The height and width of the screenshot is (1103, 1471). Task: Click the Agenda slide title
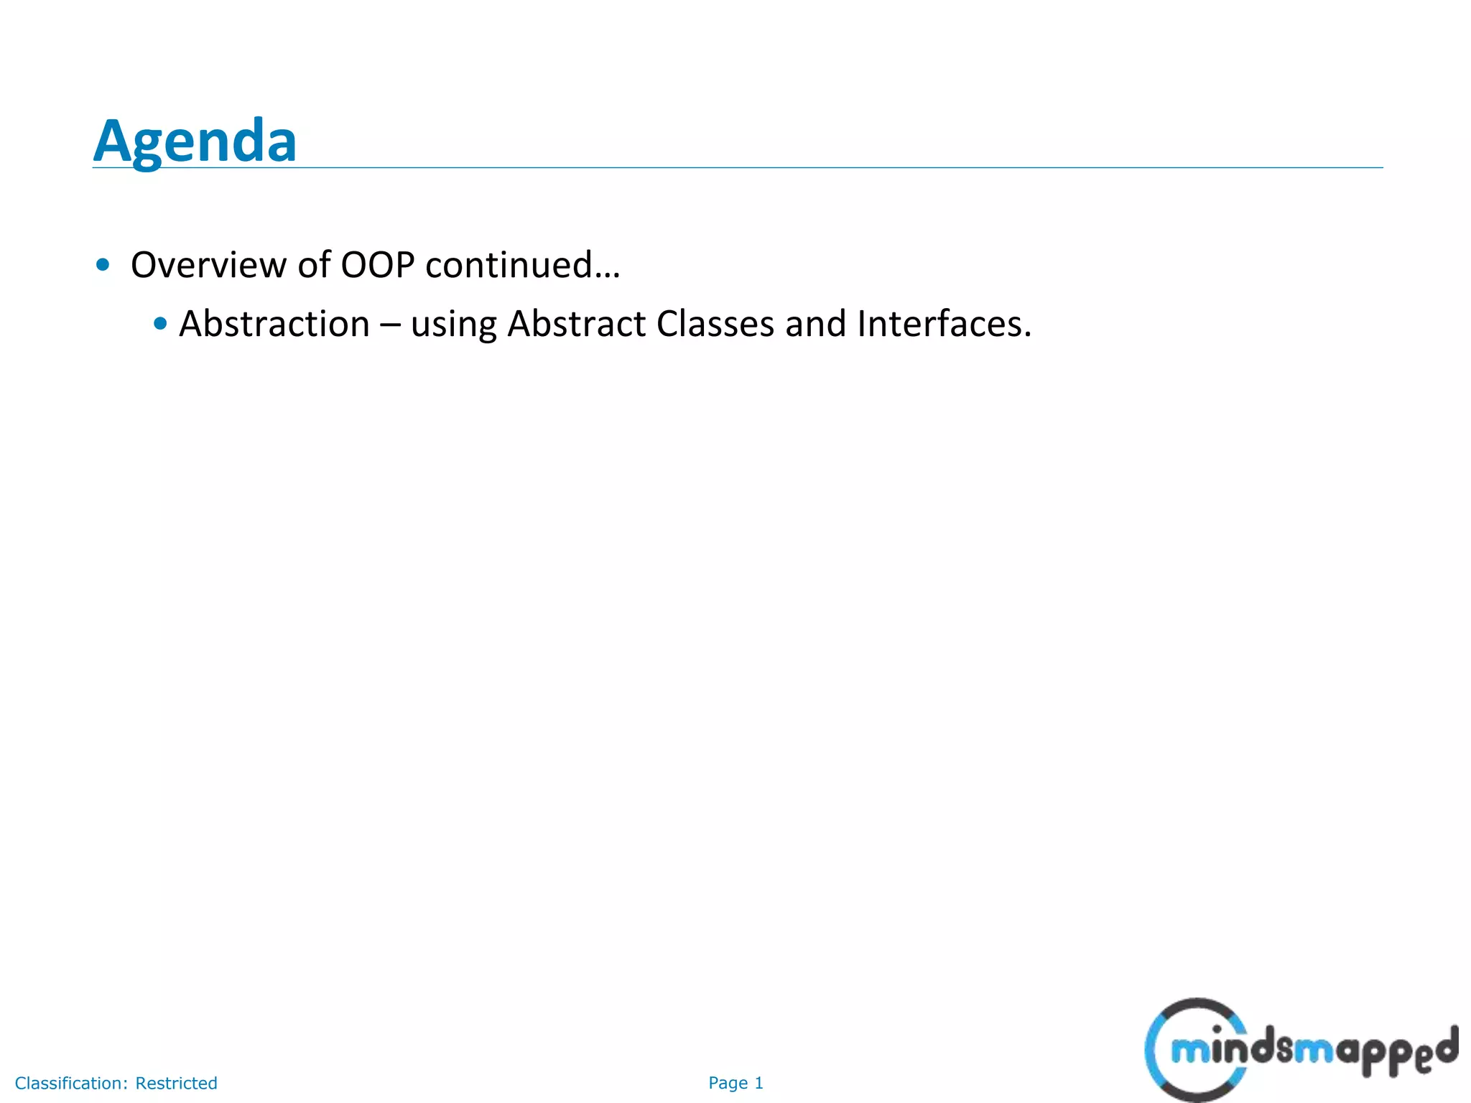(x=195, y=141)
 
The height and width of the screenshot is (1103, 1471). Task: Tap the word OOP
(x=377, y=265)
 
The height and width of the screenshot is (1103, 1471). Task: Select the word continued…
(x=522, y=265)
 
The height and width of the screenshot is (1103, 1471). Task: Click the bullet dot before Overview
(x=103, y=265)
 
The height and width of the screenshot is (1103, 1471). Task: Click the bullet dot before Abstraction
(x=160, y=324)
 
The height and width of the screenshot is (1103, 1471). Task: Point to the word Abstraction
(x=274, y=324)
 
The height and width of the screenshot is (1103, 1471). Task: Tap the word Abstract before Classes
(x=577, y=324)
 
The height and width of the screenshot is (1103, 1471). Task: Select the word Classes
(x=715, y=324)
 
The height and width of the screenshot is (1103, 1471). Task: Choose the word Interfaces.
(x=943, y=324)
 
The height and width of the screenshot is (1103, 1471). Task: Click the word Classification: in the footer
(x=71, y=1083)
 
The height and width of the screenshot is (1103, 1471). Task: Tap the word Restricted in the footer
(x=176, y=1083)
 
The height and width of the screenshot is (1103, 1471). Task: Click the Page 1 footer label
(x=735, y=1083)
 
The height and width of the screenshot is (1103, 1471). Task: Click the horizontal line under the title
(x=790, y=168)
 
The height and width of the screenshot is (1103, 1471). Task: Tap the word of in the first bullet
(x=313, y=265)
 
